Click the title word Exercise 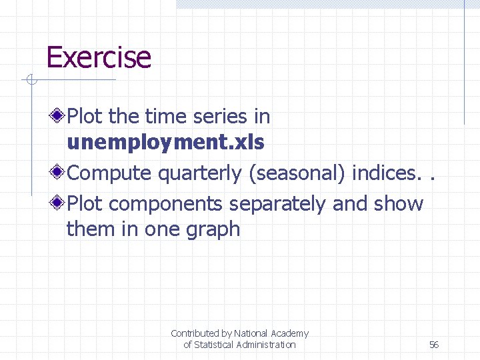click(x=99, y=57)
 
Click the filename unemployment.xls click(x=165, y=142)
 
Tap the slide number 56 click(x=434, y=345)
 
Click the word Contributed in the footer click(x=194, y=333)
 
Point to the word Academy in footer click(x=289, y=333)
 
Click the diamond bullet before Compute click(x=59, y=173)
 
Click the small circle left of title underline click(x=30, y=81)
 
